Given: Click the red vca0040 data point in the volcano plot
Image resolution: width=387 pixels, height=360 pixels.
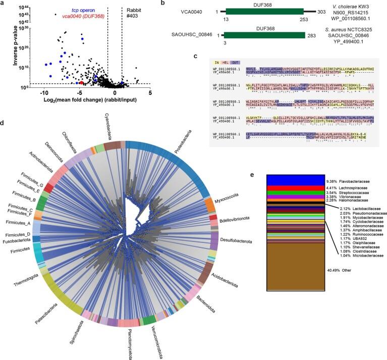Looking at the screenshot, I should point(82,82).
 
